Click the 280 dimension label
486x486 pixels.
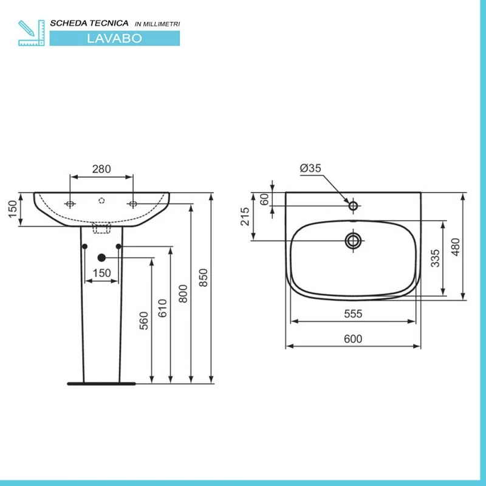pos(101,169)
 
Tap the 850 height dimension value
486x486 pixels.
pos(204,278)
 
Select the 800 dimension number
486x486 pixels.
pos(183,293)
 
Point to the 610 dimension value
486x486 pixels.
pos(162,308)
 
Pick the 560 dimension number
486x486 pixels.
pos(144,321)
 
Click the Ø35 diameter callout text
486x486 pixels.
pos(310,168)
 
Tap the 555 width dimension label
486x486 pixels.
pos(353,313)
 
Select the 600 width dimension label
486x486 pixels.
pos(353,339)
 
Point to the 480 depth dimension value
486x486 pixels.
pos(455,247)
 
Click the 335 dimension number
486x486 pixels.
pos(436,258)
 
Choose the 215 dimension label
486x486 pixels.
pos(245,217)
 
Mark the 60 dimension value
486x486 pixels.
pos(264,200)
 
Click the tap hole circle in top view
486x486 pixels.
pos(354,205)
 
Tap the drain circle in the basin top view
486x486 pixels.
pos(354,241)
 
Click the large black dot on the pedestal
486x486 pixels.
pos(101,258)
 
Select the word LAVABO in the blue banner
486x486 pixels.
pos(114,38)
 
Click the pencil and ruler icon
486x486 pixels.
pos(32,33)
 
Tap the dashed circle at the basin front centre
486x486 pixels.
pos(101,201)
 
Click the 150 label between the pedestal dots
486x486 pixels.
pos(101,273)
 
